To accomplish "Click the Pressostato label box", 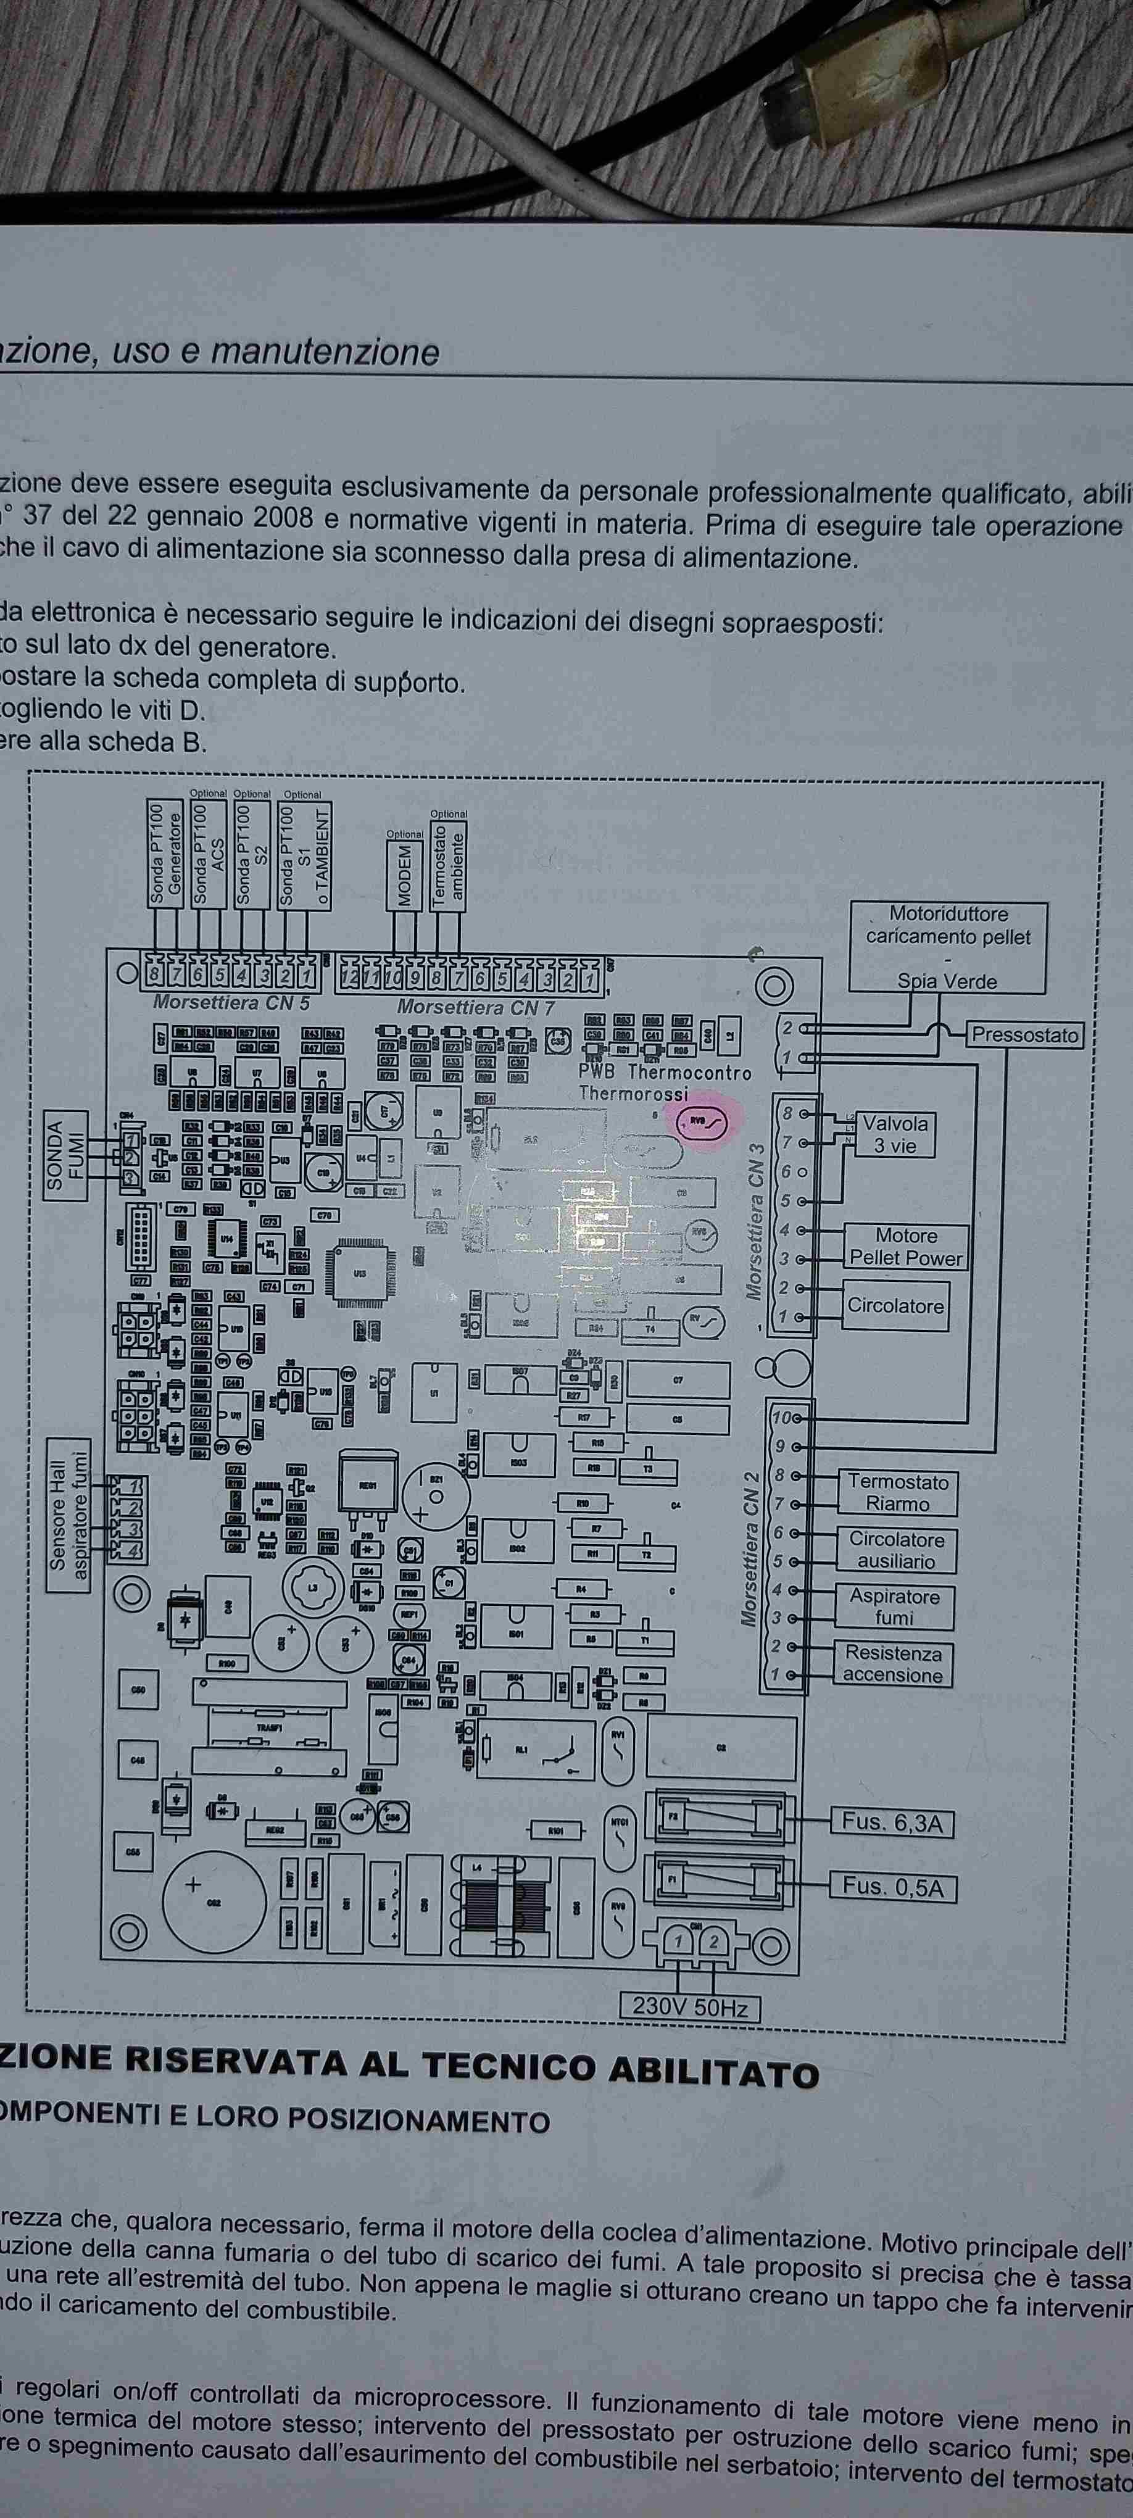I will [1024, 1035].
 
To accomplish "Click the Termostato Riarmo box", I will [897, 1493].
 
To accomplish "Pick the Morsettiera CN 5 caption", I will [231, 1002].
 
